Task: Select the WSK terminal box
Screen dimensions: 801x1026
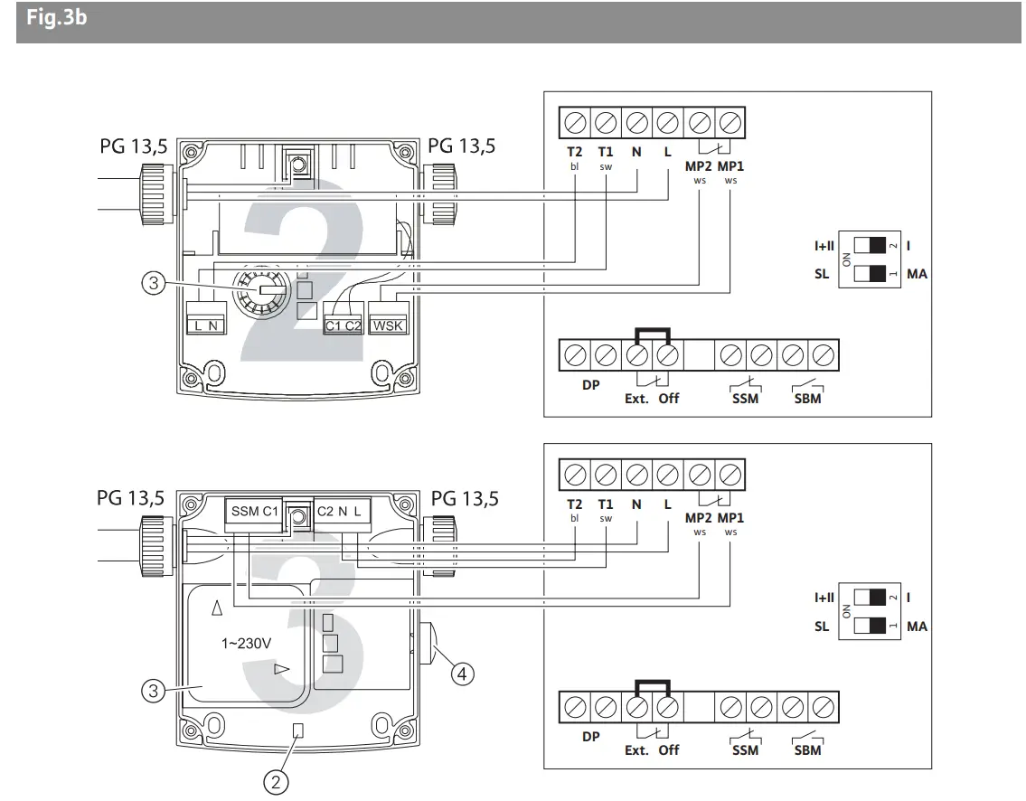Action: click(390, 325)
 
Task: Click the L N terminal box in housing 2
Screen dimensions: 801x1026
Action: click(204, 325)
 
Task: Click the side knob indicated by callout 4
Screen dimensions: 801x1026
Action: click(428, 643)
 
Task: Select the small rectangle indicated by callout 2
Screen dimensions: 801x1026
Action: click(297, 729)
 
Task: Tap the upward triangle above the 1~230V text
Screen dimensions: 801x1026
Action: click(216, 608)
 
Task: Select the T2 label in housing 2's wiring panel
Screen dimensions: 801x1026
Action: click(574, 152)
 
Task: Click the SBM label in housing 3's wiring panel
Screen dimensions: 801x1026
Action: click(806, 749)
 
